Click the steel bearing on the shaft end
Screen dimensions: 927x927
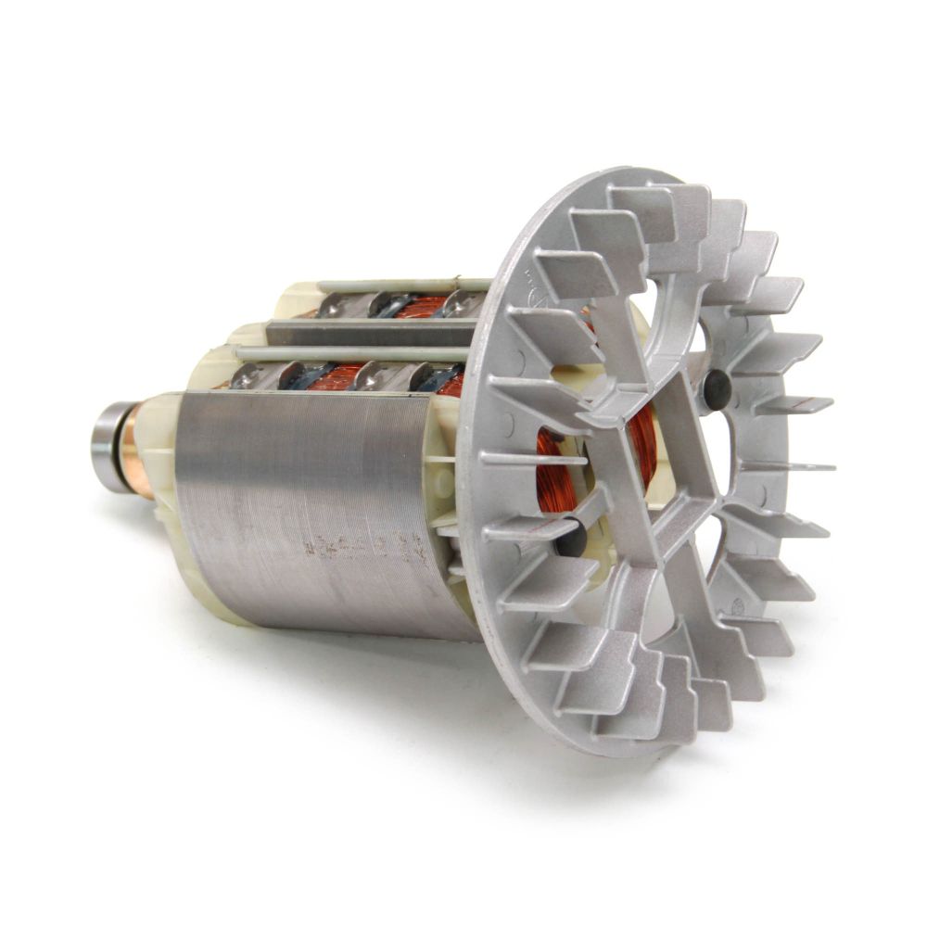click(x=105, y=448)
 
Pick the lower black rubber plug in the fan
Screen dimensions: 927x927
click(x=570, y=538)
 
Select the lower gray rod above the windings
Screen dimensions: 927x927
click(x=352, y=353)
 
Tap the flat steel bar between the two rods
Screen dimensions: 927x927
click(x=371, y=332)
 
